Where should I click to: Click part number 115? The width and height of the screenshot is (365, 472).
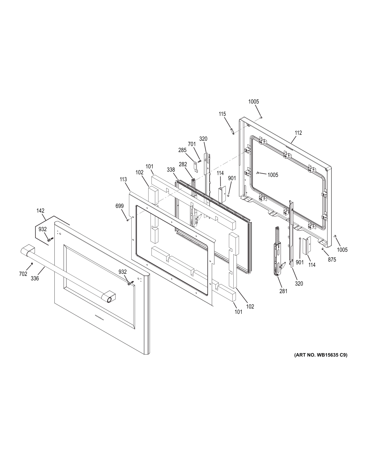222,114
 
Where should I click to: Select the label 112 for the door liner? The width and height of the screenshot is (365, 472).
298,133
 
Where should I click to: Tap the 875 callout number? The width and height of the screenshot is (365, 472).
332,259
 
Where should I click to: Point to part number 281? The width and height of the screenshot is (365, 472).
283,291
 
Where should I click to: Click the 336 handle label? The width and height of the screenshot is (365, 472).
35,278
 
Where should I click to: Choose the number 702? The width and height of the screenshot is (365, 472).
23,274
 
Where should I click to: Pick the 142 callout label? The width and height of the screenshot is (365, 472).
40,211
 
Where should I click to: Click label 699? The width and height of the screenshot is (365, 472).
120,206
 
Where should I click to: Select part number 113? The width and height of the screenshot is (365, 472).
123,179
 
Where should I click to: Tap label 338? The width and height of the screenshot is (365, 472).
171,170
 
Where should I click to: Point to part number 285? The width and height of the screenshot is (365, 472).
182,150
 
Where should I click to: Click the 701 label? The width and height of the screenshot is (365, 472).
192,144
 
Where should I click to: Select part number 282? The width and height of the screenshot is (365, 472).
183,164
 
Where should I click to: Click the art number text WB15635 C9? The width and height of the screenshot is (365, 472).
321,355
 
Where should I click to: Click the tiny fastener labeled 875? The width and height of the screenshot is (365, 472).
322,249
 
